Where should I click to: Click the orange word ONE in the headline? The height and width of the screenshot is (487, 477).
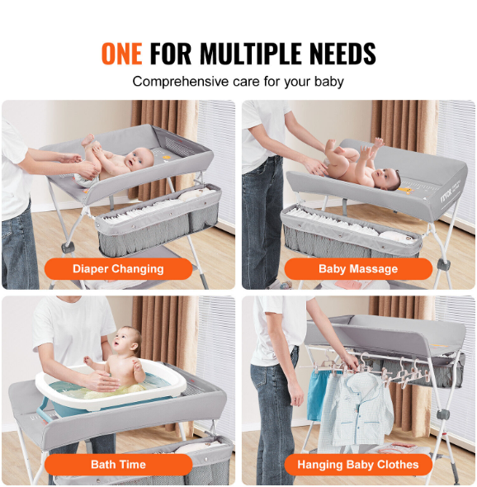click(122, 54)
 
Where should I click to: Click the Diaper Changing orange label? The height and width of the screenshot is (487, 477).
click(118, 268)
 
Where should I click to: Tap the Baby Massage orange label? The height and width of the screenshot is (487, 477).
click(358, 268)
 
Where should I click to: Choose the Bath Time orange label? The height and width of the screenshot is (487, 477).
click(118, 465)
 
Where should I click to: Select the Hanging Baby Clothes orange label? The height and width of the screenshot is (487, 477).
click(358, 465)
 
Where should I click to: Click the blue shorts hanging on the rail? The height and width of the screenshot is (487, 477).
click(317, 395)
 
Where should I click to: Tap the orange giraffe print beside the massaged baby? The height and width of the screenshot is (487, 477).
click(405, 190)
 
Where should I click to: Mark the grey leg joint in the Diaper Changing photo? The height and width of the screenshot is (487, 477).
click(68, 247)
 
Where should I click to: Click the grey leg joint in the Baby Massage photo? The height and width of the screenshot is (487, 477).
click(442, 264)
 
